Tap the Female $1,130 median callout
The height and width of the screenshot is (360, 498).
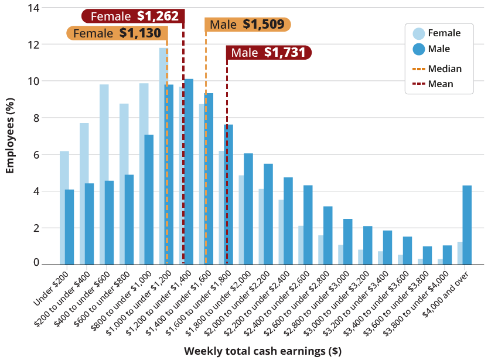point(116,33)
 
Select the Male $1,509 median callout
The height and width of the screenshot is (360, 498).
point(247,24)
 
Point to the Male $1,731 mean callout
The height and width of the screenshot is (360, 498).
point(269,53)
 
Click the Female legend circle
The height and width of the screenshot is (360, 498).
point(419,33)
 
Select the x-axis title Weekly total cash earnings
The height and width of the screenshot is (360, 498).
point(262,351)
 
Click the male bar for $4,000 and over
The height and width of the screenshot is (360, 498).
point(467,225)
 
